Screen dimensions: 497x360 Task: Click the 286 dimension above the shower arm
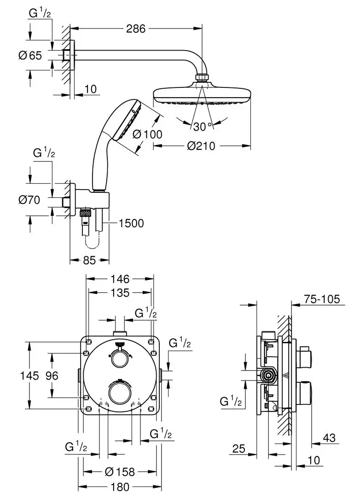pyautogui.click(x=136, y=29)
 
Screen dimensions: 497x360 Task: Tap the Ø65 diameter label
pyautogui.click(x=30, y=56)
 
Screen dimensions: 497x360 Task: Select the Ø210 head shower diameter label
pyautogui.click(x=201, y=146)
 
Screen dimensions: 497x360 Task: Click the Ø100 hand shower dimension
pyautogui.click(x=147, y=134)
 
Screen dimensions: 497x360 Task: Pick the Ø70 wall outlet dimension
pyautogui.click(x=30, y=200)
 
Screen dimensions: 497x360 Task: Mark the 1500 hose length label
pyautogui.click(x=131, y=223)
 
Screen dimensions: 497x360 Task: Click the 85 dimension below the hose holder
pyautogui.click(x=89, y=260)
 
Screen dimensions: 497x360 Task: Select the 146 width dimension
pyautogui.click(x=120, y=279)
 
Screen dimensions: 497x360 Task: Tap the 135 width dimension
pyautogui.click(x=120, y=293)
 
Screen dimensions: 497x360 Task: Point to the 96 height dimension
pyautogui.click(x=52, y=376)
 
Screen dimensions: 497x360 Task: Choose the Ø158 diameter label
pyautogui.click(x=120, y=472)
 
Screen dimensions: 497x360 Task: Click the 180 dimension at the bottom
pyautogui.click(x=120, y=486)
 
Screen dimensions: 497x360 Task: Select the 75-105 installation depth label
pyautogui.click(x=322, y=299)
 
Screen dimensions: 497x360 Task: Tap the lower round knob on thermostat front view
pyautogui.click(x=120, y=392)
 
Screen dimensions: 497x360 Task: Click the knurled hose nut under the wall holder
pyautogui.click(x=85, y=213)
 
